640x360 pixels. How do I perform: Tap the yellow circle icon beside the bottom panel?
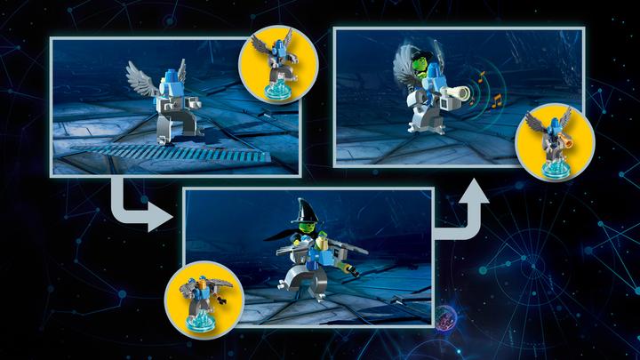pyautogui.click(x=201, y=292)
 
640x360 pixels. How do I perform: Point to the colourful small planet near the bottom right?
pyautogui.click(x=446, y=316)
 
